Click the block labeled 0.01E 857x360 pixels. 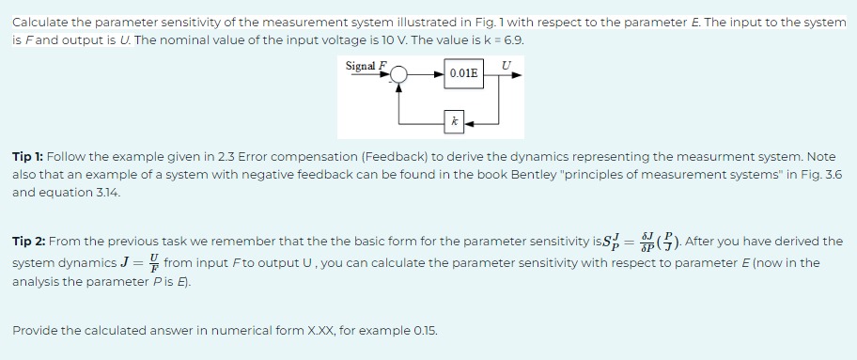[463, 73]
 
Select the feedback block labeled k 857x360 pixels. [454, 121]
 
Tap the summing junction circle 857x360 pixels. [400, 73]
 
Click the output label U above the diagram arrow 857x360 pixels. [507, 64]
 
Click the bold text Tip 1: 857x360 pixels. [31, 156]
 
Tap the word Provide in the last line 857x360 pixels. [37, 331]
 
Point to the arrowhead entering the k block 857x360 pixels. [467, 121]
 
